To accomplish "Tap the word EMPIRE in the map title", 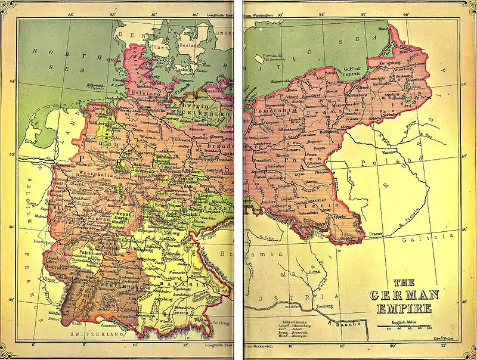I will point(405,309).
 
